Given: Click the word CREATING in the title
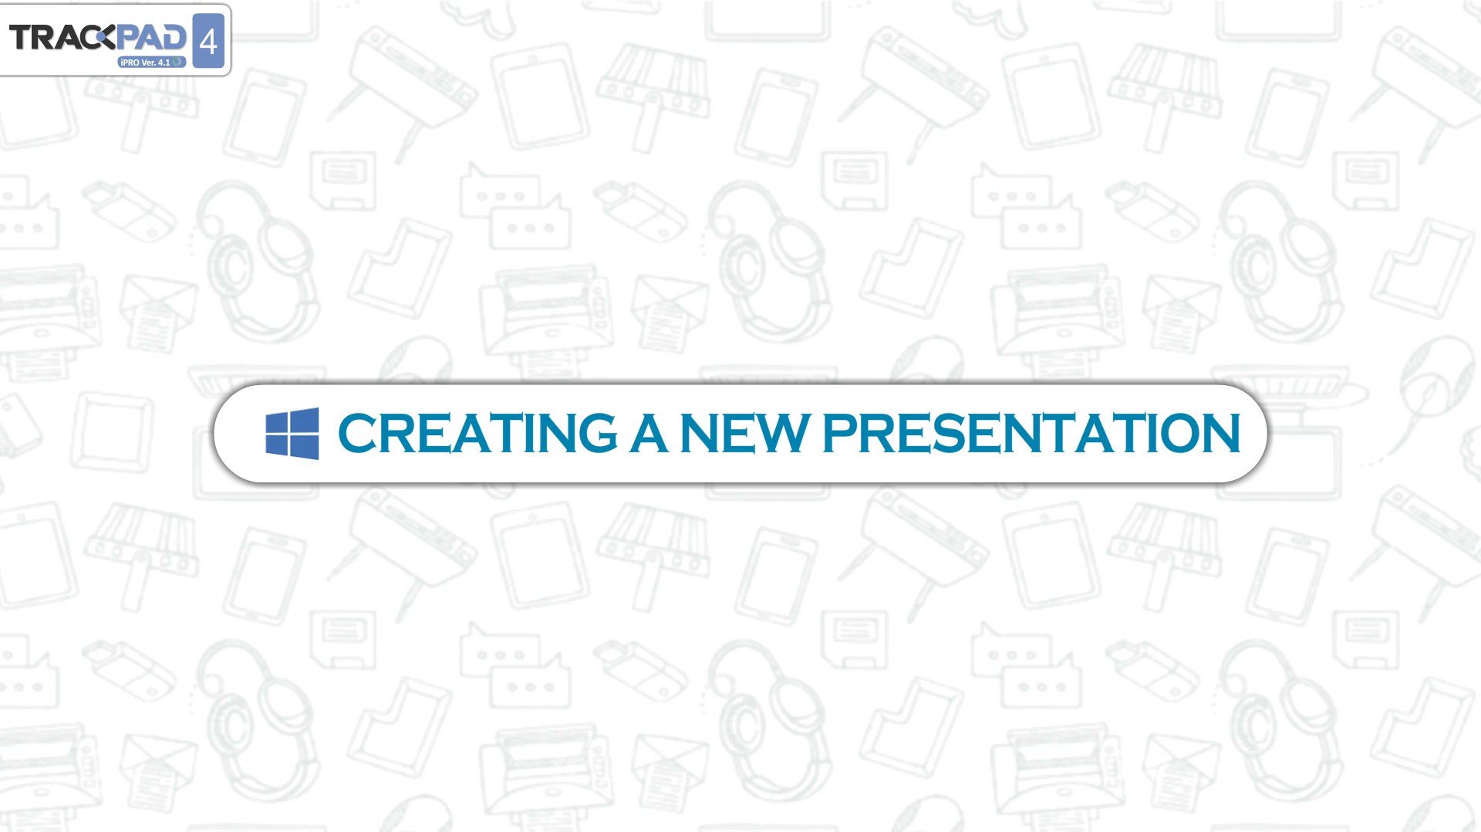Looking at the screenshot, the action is tap(477, 433).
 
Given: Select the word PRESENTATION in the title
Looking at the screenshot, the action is tap(1031, 433).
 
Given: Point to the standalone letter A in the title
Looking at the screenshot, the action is tap(648, 433).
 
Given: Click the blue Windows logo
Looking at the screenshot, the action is tap(292, 434).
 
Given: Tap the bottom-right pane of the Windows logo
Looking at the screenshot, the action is tap(305, 447).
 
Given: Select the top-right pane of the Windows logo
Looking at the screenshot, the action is tap(305, 420).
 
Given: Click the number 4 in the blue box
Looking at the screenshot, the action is tap(208, 41).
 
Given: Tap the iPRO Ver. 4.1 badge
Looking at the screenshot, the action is tap(152, 62).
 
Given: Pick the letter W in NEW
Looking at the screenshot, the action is tap(780, 433).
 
